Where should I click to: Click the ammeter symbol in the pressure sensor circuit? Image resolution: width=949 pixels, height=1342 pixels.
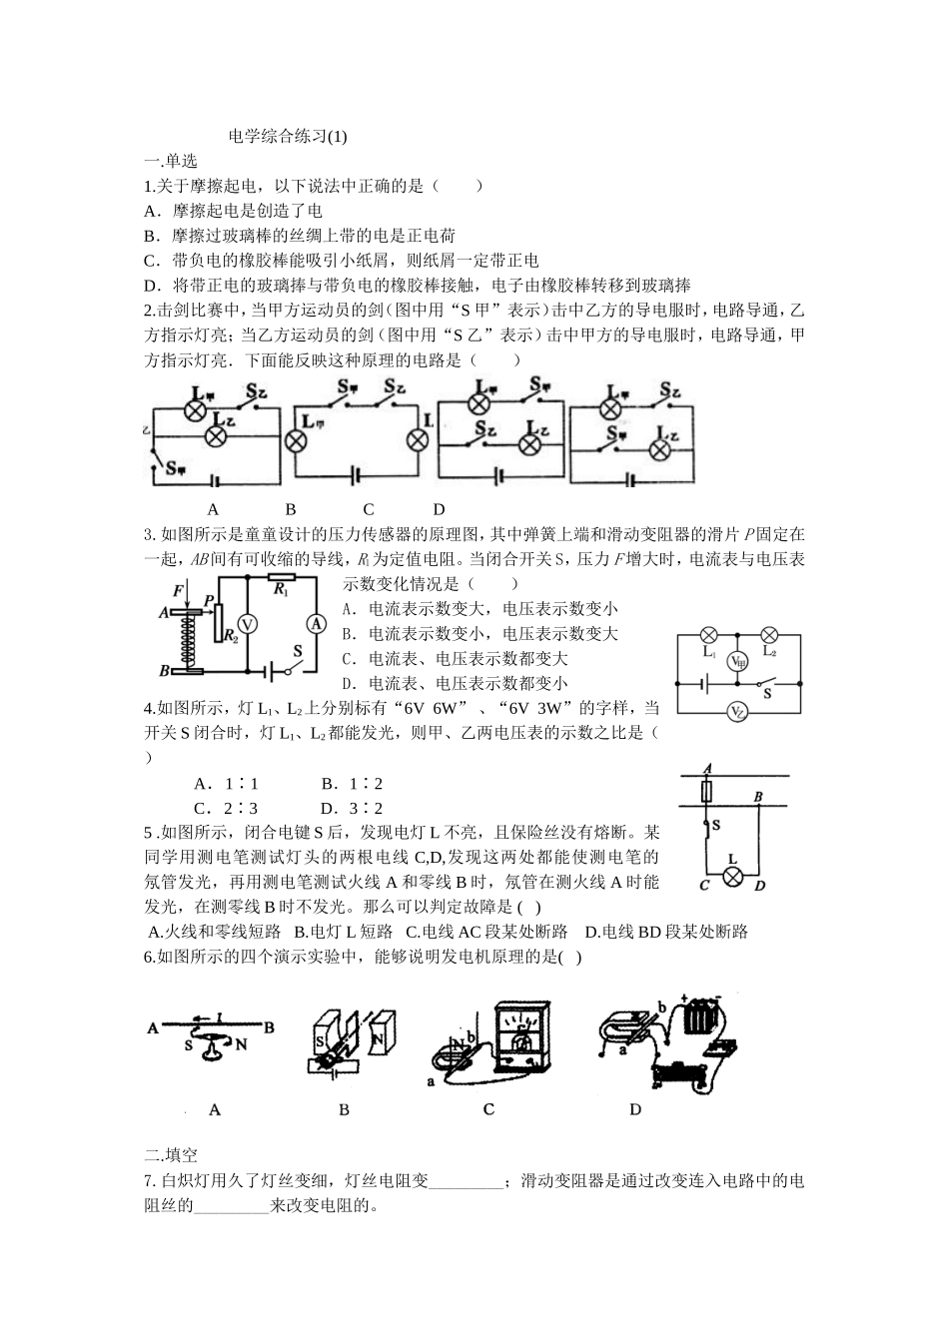(x=316, y=623)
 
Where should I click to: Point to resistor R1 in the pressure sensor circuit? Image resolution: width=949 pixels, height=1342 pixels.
(x=281, y=578)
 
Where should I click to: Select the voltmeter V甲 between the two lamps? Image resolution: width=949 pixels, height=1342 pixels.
(x=738, y=661)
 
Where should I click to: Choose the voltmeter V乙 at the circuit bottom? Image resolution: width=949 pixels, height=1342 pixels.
(x=738, y=712)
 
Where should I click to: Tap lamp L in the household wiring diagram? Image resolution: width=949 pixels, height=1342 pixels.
(x=732, y=877)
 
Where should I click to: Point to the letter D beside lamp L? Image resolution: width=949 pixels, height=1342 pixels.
(x=759, y=886)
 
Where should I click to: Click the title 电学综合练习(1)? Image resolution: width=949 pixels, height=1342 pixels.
(x=288, y=137)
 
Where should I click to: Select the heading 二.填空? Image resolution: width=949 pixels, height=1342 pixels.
(x=171, y=1155)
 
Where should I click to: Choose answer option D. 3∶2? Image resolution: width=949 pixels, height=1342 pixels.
(x=352, y=809)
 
